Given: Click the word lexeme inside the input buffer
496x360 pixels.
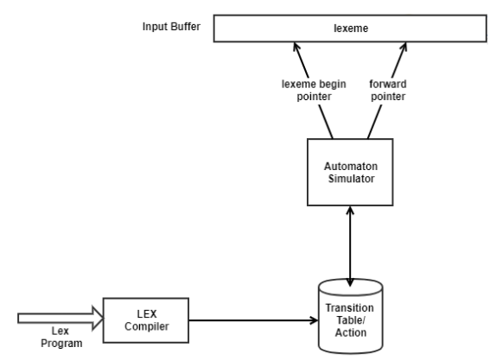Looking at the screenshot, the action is pyautogui.click(x=351, y=28).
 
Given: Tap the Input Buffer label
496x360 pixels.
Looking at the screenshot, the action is pyautogui.click(x=171, y=26).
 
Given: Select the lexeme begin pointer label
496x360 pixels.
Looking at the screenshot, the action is pyautogui.click(x=314, y=90).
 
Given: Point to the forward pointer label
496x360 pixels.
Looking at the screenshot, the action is pyautogui.click(x=388, y=90).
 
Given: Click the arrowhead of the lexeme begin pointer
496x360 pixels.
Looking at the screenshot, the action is pyautogui.click(x=296, y=46).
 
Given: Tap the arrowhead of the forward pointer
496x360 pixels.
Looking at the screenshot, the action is pyautogui.click(x=404, y=46).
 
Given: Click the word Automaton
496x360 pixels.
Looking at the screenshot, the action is pyautogui.click(x=351, y=167).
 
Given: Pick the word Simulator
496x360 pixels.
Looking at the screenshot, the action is pyautogui.click(x=351, y=179).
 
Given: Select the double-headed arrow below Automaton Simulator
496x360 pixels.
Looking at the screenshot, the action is pyautogui.click(x=350, y=246).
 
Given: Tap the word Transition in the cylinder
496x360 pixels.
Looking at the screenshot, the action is pyautogui.click(x=350, y=308).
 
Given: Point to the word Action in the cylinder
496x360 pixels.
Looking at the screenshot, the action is pyautogui.click(x=351, y=332).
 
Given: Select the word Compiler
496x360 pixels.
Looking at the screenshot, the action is pyautogui.click(x=146, y=326).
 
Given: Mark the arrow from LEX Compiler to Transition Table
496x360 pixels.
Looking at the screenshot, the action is pyautogui.click(x=253, y=320).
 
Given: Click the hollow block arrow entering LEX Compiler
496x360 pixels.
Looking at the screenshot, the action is pyautogui.click(x=60, y=319).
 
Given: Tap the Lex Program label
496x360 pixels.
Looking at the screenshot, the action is pyautogui.click(x=61, y=337).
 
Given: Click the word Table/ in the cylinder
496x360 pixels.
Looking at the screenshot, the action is pyautogui.click(x=351, y=320).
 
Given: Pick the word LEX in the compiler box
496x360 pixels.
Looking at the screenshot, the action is pyautogui.click(x=147, y=314).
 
